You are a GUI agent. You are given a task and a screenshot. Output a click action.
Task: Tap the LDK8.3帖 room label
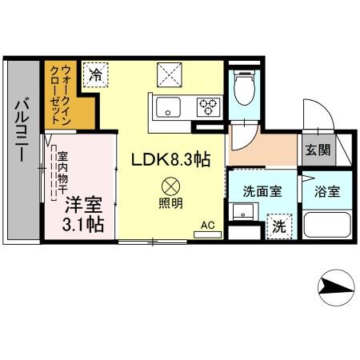tap(170, 160)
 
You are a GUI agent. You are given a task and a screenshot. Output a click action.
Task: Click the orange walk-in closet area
tap(63, 96)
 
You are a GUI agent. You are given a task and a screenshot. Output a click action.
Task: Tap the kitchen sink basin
tap(169, 106)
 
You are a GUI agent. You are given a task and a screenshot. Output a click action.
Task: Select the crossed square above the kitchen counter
tap(171, 77)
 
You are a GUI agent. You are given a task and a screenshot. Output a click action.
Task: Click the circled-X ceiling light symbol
tap(170, 183)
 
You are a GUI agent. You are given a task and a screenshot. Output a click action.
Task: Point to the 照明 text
tap(170, 202)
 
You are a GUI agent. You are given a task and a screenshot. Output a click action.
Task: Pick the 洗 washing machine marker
tap(278, 226)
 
